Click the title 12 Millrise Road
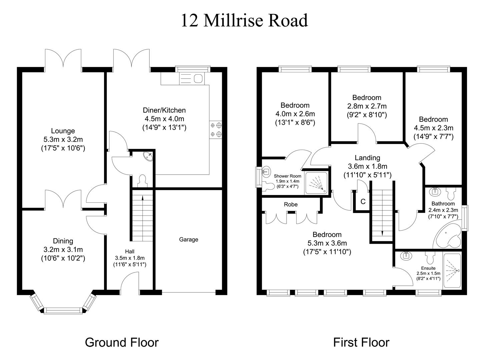(x=244, y=20)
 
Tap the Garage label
(x=188, y=239)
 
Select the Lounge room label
(x=63, y=131)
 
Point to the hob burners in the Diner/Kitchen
(x=216, y=130)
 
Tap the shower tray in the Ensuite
(x=452, y=270)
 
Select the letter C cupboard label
(x=363, y=202)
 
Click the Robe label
(x=291, y=204)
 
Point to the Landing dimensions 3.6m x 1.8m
(x=367, y=166)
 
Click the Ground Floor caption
(x=122, y=342)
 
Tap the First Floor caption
(x=361, y=342)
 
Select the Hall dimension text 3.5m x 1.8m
(x=130, y=258)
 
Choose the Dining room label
(x=63, y=241)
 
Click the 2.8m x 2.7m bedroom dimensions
(x=367, y=106)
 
